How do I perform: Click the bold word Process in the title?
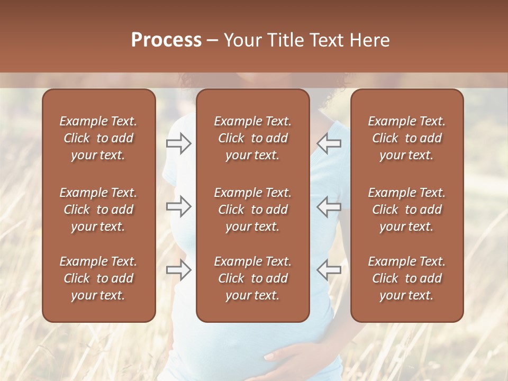coord(166,40)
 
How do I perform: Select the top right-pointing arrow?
coord(179,143)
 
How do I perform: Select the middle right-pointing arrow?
coord(179,206)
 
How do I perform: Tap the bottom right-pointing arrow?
coord(179,269)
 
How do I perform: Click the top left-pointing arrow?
coord(329,143)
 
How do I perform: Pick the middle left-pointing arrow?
coord(329,206)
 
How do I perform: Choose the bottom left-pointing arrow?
coord(329,269)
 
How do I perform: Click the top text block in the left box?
coord(98,138)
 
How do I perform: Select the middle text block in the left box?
coord(98,210)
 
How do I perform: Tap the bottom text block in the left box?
coord(98,278)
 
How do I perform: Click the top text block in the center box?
coord(252,138)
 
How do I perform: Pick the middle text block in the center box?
coord(252,210)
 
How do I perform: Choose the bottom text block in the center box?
coord(252,278)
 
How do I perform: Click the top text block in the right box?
coord(406,138)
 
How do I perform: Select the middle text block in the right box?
coord(406,210)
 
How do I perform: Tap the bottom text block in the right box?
coord(406,278)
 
